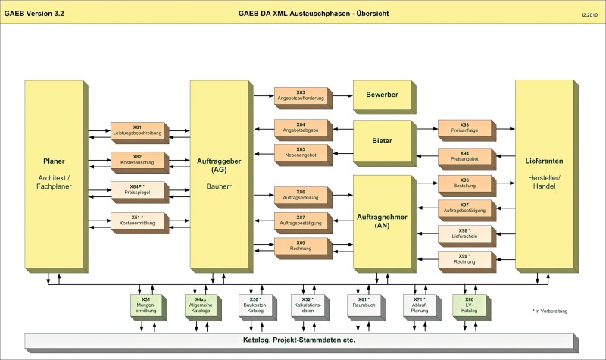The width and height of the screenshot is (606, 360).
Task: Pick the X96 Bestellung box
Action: [x=467, y=186]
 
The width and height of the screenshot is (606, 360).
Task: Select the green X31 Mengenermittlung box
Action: [x=148, y=308]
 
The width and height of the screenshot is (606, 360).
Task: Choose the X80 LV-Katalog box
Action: [x=471, y=308]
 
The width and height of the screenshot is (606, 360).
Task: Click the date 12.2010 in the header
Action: [x=589, y=14]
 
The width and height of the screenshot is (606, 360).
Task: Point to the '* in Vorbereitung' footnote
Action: [x=550, y=311]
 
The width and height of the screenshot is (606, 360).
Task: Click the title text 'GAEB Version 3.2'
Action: [x=34, y=14]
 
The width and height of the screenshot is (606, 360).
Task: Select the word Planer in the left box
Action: [x=54, y=161]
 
